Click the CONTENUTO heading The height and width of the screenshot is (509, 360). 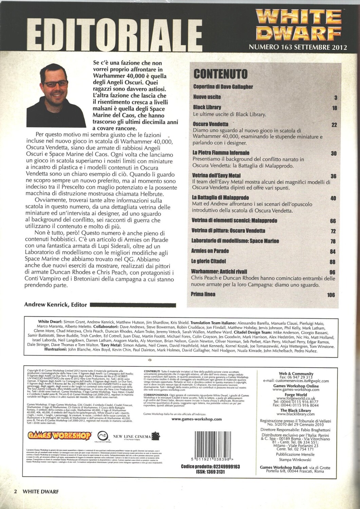click(220, 74)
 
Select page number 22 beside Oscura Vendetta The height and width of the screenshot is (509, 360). click(334, 125)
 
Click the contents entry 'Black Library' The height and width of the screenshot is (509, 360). click(207, 107)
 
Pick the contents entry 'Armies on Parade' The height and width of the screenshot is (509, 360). click(210, 251)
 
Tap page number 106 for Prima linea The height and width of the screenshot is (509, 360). click(331, 295)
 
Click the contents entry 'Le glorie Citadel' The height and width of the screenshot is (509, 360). click(209, 261)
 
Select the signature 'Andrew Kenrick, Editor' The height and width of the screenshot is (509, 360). click(56, 305)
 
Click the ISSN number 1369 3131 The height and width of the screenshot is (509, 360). click(210, 472)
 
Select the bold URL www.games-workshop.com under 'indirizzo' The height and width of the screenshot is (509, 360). click(197, 419)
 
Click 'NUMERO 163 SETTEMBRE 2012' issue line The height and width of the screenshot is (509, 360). click(298, 47)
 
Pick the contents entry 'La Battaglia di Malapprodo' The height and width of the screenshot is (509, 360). click(220, 197)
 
